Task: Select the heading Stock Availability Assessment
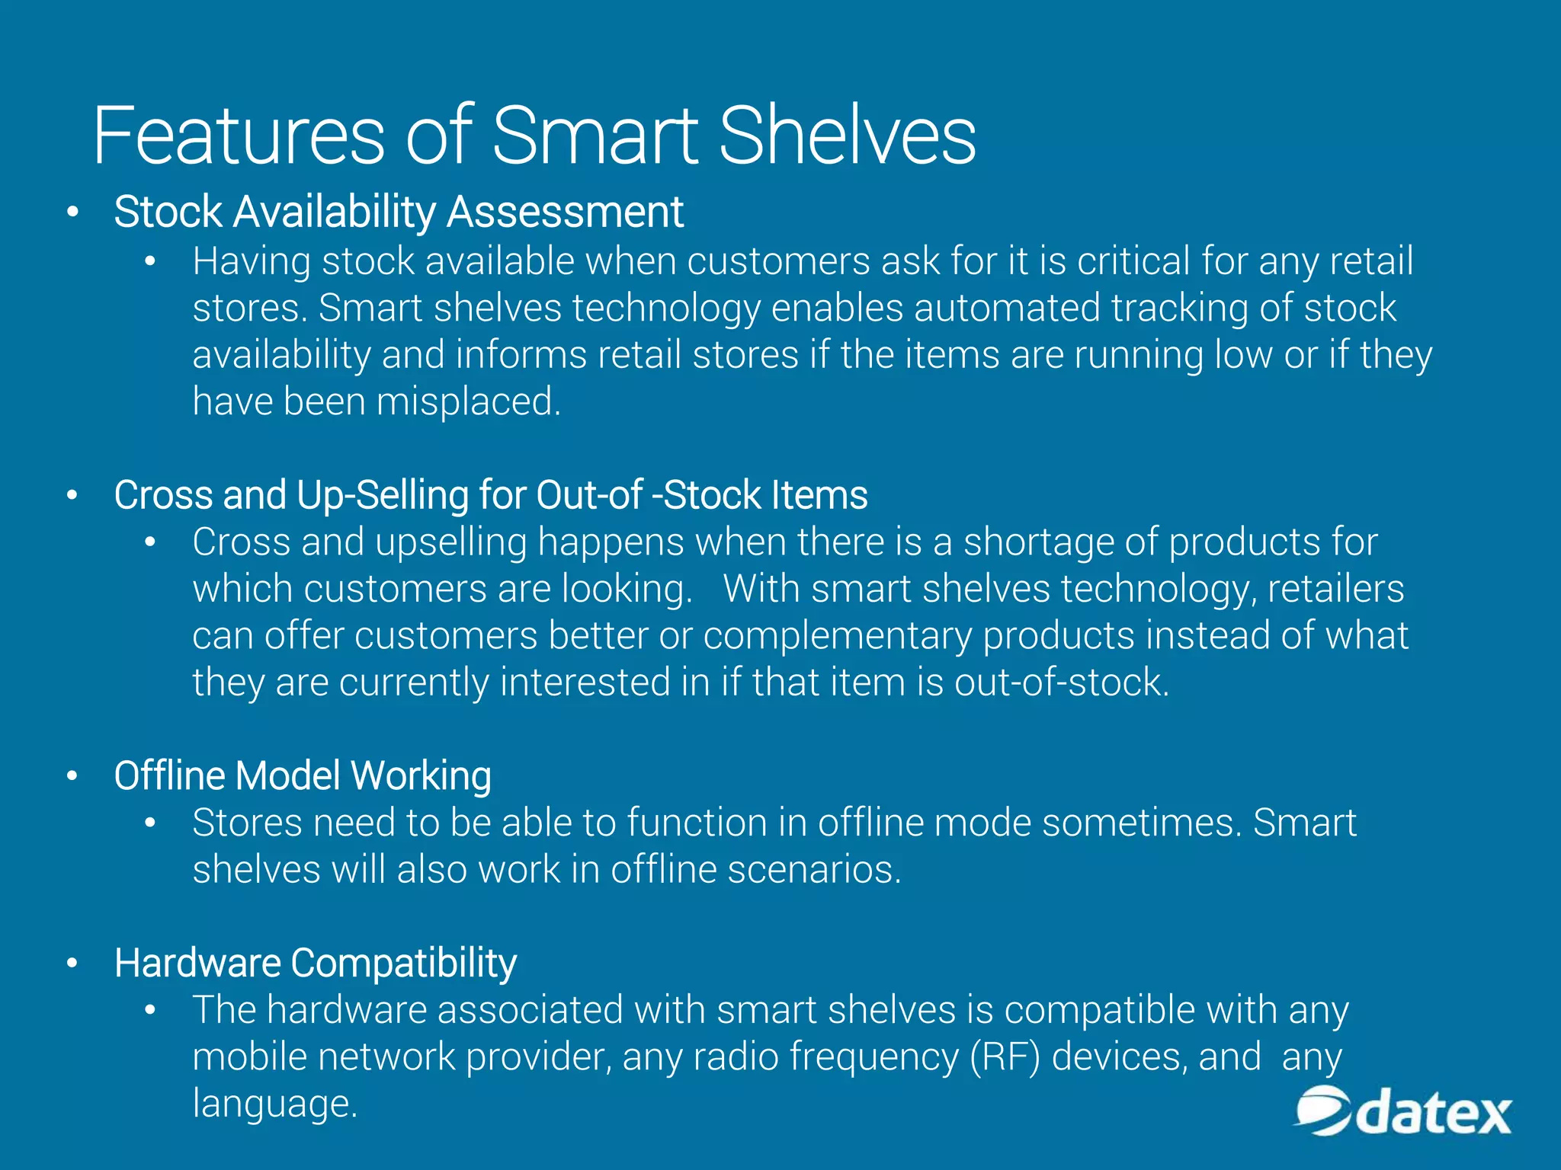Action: tap(398, 212)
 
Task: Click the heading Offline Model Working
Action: tap(303, 776)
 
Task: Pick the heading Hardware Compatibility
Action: tap(315, 963)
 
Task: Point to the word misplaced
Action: tap(468, 401)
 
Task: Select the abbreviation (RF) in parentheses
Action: tap(1005, 1057)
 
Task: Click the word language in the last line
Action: tap(274, 1104)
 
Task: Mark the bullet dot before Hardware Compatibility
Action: tap(72, 964)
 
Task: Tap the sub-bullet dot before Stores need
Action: tap(150, 823)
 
